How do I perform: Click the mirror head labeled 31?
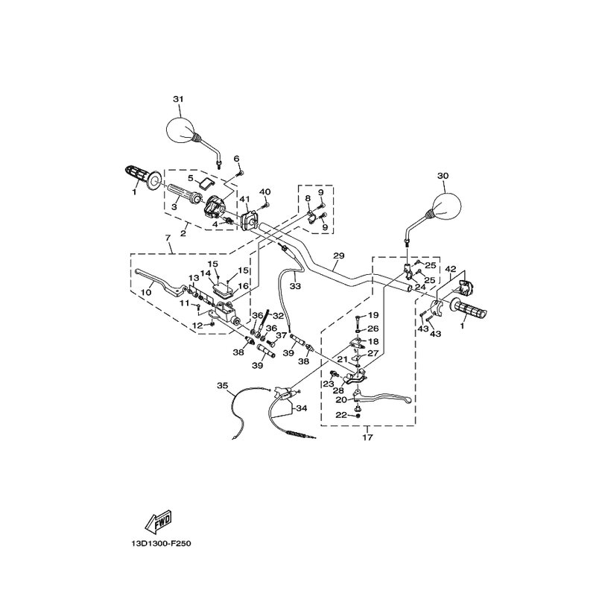(180, 130)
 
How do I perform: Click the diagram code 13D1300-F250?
(161, 544)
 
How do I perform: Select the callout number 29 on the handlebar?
(338, 256)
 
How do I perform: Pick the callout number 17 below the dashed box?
(367, 437)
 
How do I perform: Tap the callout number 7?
(168, 238)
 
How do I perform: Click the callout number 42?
(451, 269)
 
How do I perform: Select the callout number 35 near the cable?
(222, 386)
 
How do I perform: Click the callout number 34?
(302, 408)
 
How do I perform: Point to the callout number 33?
(295, 286)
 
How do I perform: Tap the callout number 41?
(244, 198)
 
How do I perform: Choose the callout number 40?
(265, 191)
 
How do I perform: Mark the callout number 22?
(341, 415)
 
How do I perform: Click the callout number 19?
(374, 315)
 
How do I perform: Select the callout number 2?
(183, 233)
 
